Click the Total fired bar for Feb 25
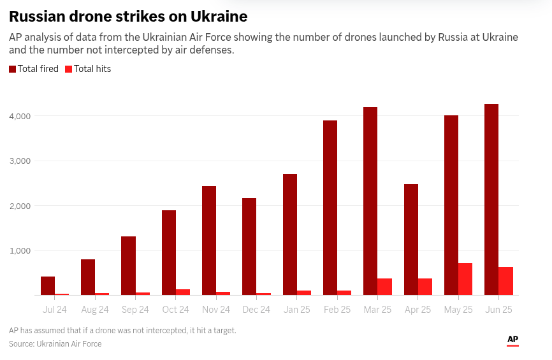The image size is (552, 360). (330, 208)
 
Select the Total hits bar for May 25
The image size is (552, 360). (465, 279)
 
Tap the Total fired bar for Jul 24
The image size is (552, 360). (48, 285)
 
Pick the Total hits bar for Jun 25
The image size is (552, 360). (505, 281)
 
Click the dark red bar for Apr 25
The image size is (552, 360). (411, 240)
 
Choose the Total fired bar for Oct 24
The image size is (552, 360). (169, 252)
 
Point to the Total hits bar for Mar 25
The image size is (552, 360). (384, 287)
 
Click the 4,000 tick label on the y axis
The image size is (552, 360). (21, 116)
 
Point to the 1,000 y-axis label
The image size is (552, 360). (21, 250)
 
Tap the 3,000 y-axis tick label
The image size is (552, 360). (21, 161)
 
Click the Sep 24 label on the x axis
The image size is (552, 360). (135, 310)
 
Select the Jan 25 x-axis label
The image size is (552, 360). (296, 310)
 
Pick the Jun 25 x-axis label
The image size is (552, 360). (498, 310)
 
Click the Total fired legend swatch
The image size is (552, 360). (13, 69)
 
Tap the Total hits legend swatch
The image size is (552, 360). (68, 69)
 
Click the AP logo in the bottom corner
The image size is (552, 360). (512, 340)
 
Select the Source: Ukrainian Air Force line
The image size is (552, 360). (55, 344)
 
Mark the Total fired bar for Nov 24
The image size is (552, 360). (209, 240)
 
